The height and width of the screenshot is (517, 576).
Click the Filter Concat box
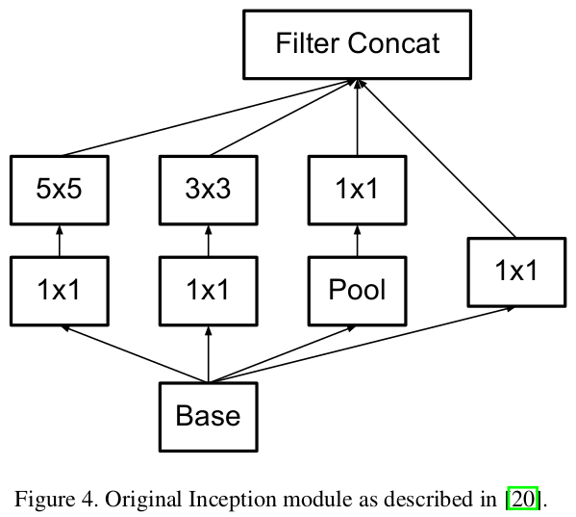357,45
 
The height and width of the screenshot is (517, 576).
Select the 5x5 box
60,189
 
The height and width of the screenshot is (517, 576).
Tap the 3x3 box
208,189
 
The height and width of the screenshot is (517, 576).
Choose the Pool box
357,290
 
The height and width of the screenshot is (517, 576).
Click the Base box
208,416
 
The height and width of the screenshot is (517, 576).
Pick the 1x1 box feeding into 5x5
60,290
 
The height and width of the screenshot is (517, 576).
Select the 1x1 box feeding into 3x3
208,290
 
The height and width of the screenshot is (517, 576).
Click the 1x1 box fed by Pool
357,189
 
